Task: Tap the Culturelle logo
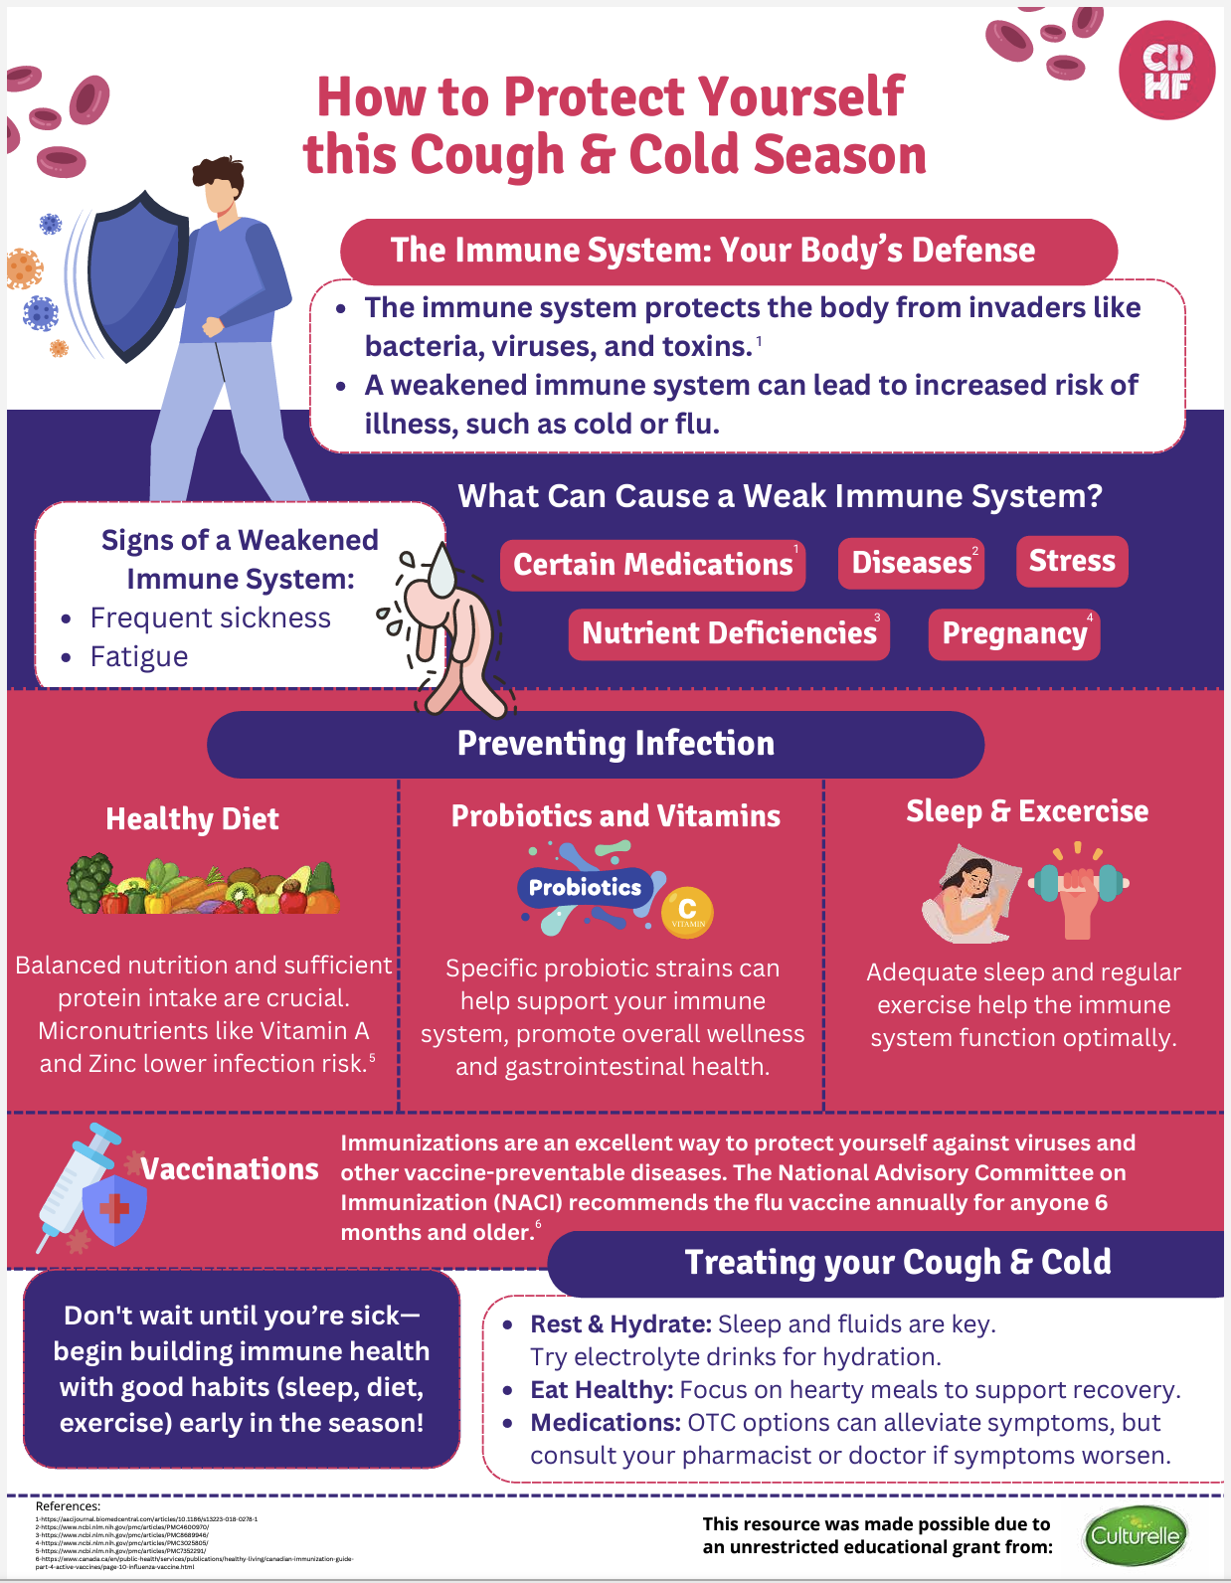(x=1135, y=1535)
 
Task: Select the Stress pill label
(x=1072, y=561)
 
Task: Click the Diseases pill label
(x=911, y=563)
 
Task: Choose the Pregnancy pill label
(x=1014, y=634)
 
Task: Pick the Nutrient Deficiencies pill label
(x=729, y=634)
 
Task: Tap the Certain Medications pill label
(x=652, y=565)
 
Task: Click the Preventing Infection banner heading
(x=615, y=744)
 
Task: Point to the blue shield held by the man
(x=137, y=273)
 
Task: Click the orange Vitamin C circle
(x=687, y=911)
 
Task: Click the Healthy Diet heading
(x=192, y=819)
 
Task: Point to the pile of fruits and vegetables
(x=203, y=885)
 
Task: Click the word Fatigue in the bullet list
(x=139, y=657)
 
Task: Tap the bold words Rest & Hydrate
(x=620, y=1324)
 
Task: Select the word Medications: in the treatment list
(x=605, y=1423)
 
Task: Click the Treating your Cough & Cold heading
(x=897, y=1263)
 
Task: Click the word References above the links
(x=68, y=1506)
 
